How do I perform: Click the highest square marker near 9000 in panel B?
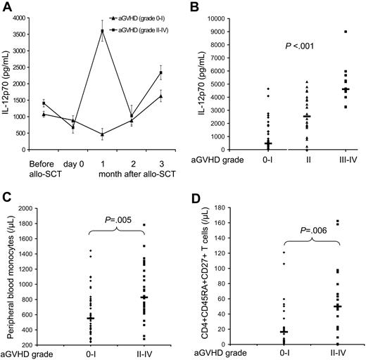[325, 31]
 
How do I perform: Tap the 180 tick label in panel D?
[233, 208]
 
